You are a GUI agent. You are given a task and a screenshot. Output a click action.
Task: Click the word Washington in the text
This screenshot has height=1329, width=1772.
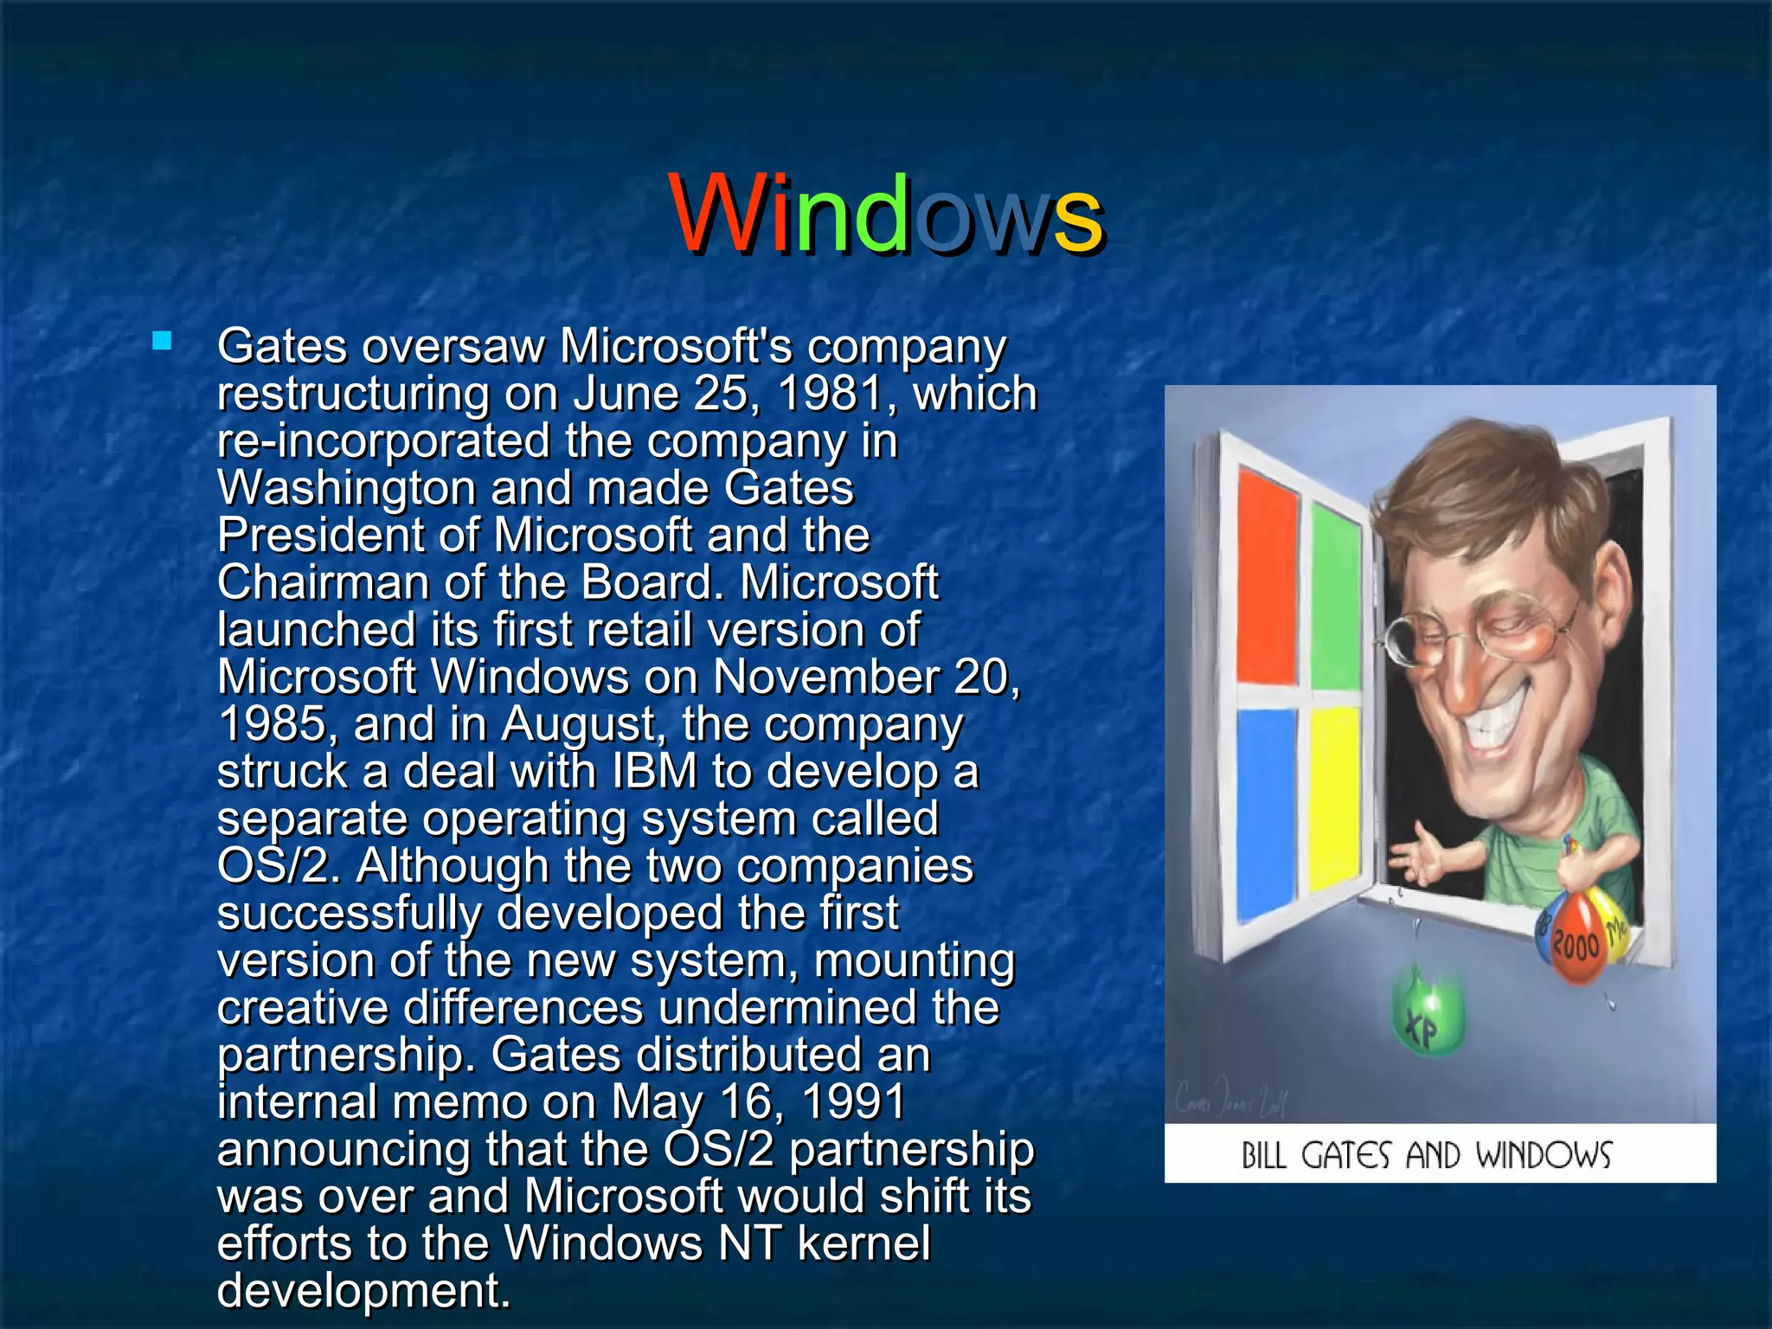pos(346,489)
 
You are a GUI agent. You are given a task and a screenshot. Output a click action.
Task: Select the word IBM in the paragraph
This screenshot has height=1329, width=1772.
pos(654,771)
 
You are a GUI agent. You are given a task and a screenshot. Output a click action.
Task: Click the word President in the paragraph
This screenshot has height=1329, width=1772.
pos(320,535)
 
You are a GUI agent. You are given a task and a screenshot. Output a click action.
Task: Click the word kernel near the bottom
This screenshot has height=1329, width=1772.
pos(863,1243)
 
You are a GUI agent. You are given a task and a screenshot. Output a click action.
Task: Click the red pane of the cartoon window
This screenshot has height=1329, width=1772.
pos(1268,575)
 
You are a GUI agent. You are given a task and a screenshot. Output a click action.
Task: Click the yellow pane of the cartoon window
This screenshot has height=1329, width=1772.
pos(1335,796)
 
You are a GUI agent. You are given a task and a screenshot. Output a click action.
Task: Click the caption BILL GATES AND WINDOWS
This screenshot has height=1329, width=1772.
pos(1426,1155)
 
